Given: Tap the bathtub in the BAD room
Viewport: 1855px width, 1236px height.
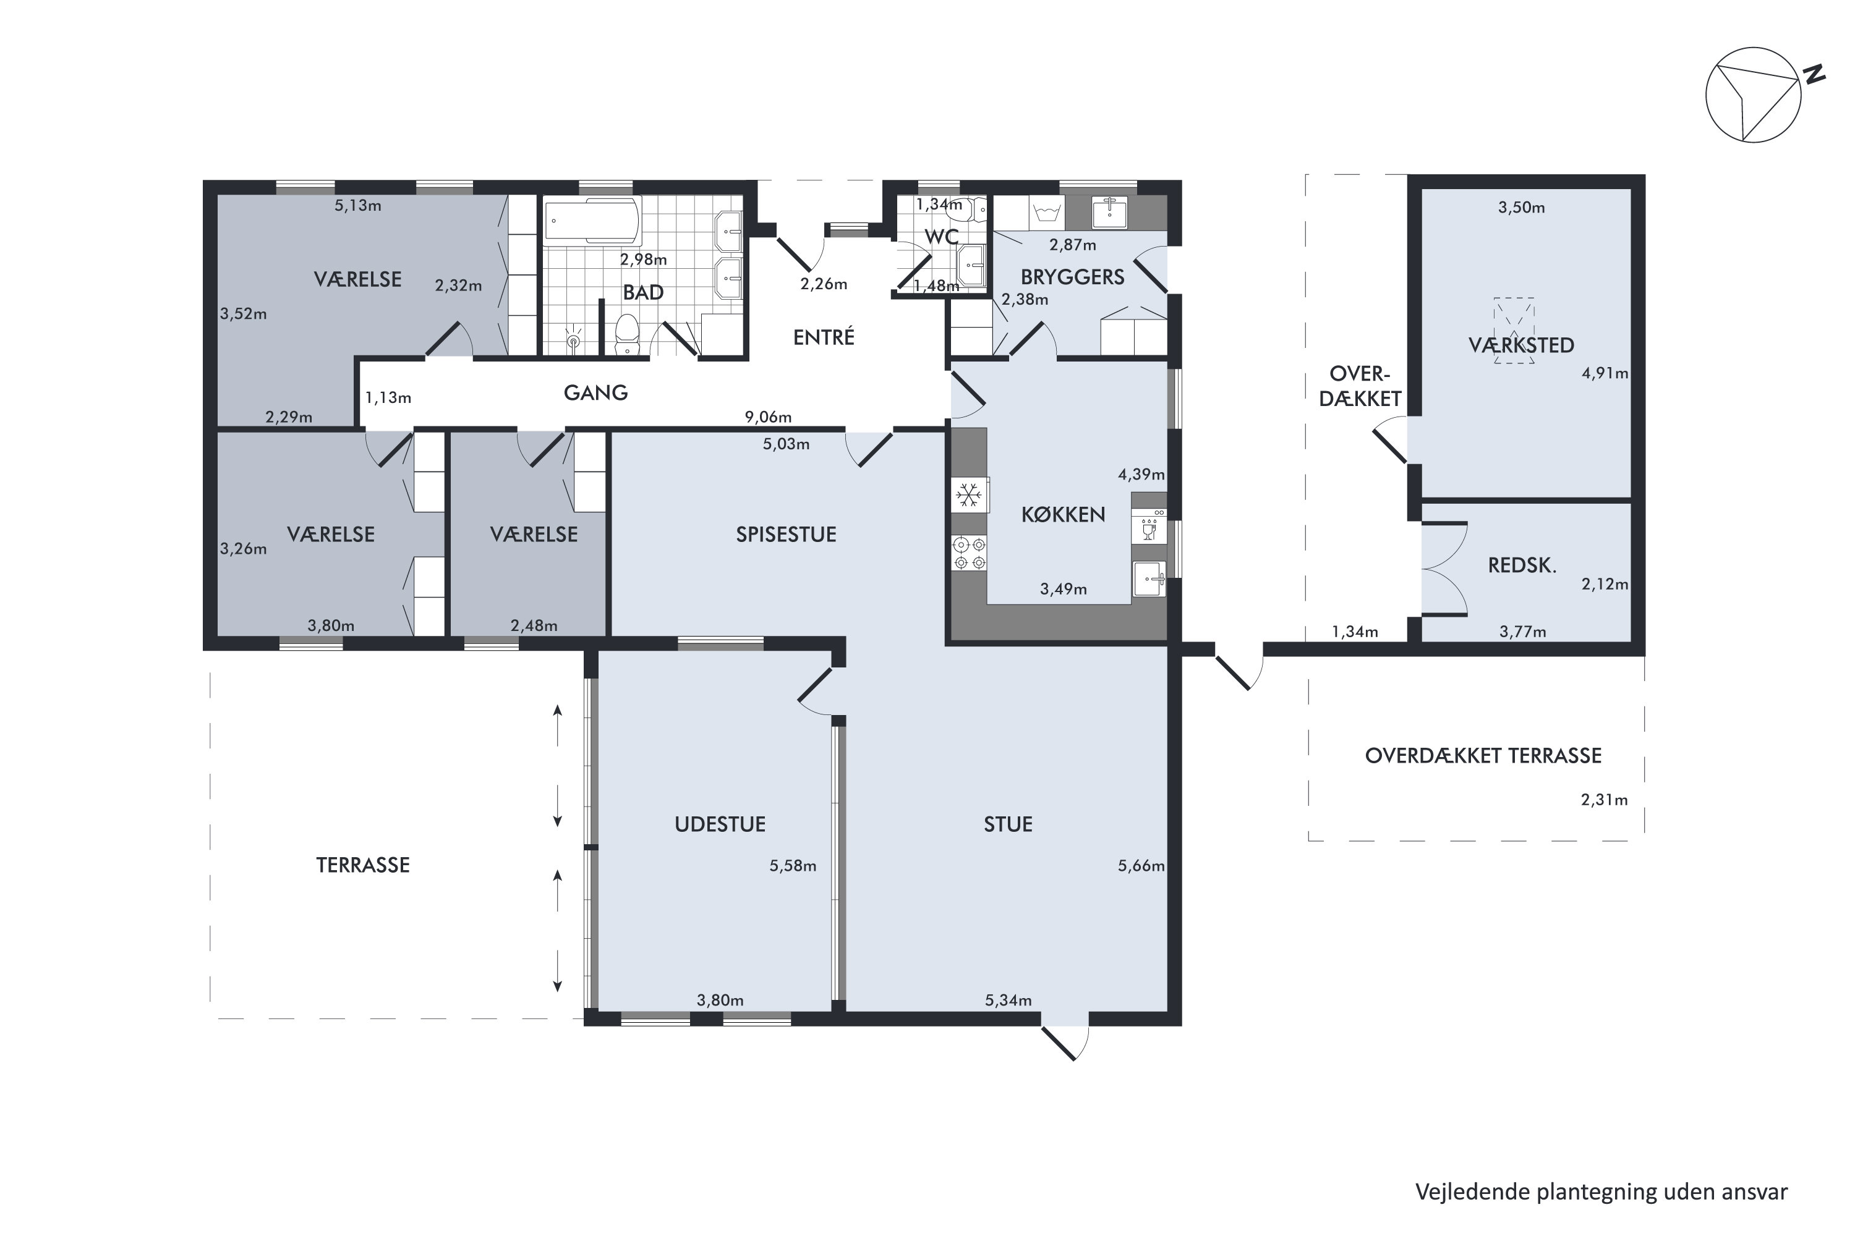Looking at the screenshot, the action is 592,221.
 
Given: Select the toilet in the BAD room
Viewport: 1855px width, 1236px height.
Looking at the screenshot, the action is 627,334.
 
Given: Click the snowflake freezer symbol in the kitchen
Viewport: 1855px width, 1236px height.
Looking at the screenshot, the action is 968,495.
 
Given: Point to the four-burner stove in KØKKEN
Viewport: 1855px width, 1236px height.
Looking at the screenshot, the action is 970,552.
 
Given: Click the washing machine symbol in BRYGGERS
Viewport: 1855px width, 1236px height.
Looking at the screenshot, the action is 1047,213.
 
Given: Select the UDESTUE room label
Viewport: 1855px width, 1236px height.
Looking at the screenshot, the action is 720,824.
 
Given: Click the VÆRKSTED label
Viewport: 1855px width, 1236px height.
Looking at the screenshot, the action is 1520,345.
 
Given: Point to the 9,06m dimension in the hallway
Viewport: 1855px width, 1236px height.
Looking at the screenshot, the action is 768,417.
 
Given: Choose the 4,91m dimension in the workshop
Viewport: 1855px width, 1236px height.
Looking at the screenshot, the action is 1604,374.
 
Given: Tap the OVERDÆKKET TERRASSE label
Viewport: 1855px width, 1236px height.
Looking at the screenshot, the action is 1483,756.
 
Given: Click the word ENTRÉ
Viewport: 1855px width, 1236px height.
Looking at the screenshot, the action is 824,337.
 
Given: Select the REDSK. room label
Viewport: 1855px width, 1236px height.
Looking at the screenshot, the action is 1522,565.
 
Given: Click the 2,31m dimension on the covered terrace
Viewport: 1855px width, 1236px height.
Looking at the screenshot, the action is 1604,800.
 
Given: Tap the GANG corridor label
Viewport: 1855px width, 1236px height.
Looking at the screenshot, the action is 595,392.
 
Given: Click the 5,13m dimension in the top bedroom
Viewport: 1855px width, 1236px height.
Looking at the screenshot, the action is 358,206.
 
